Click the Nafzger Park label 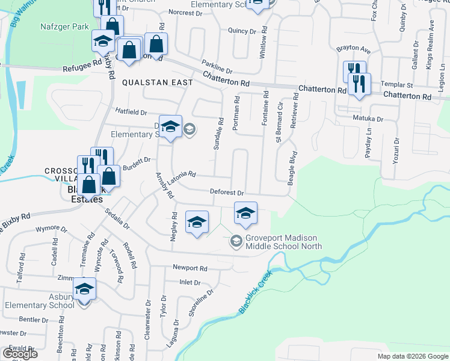coord(65,26)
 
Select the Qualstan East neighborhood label coord(157,82)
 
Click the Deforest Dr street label coord(226,193)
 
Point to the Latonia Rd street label coord(183,174)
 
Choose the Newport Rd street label coord(190,268)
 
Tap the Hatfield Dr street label coord(131,112)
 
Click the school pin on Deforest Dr coord(245,214)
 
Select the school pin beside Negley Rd coord(197,223)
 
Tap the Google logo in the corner coord(20,354)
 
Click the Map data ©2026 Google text coord(413,356)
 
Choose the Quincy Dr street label coord(242,31)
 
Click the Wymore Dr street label coord(52,229)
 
